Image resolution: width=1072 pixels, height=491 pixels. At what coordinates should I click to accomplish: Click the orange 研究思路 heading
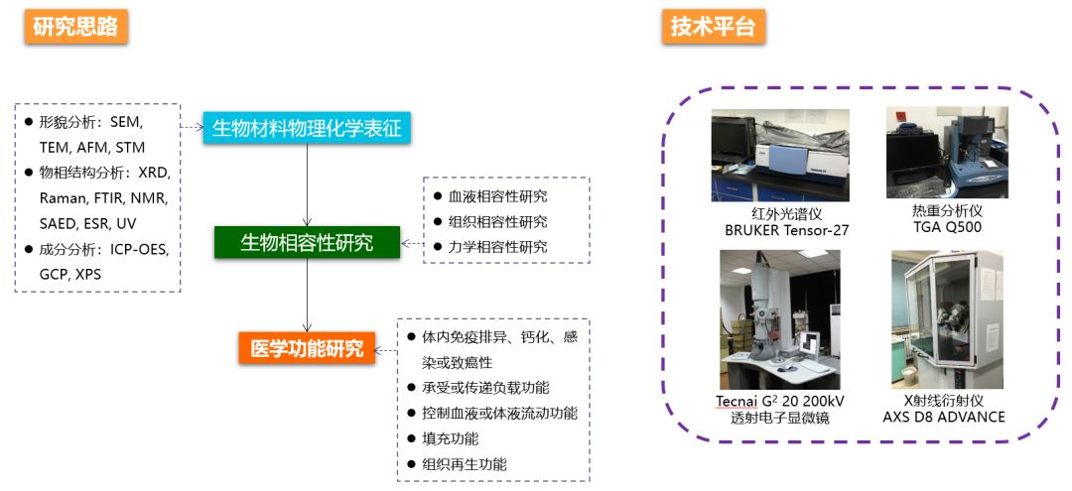click(75, 27)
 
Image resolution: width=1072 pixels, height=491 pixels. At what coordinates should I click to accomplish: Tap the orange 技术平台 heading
click(713, 27)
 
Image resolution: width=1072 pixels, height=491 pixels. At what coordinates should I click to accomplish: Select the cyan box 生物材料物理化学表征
click(308, 127)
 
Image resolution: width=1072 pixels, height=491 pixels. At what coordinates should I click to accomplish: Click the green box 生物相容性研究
click(307, 242)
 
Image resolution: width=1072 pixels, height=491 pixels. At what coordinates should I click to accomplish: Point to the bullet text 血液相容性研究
click(497, 196)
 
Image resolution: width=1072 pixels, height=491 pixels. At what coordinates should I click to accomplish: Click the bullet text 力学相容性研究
click(497, 247)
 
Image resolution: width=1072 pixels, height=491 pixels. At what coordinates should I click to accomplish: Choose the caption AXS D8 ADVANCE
click(943, 417)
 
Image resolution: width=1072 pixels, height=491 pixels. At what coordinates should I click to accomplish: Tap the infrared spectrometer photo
click(780, 156)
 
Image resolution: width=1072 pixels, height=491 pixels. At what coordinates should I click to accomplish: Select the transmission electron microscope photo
click(779, 319)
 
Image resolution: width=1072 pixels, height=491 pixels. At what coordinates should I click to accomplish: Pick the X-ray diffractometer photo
click(946, 319)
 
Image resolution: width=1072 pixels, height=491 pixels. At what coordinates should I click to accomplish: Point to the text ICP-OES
click(138, 249)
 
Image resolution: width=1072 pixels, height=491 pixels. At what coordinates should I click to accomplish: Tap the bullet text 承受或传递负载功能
click(485, 386)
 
